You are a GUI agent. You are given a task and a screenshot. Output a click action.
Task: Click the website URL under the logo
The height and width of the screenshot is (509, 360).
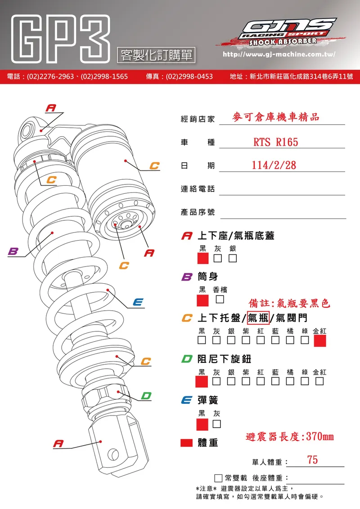(279, 54)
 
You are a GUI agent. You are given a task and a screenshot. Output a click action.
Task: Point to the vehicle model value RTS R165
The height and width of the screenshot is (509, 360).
(275, 142)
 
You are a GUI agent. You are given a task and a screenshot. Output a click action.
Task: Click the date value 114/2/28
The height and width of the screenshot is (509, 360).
(274, 165)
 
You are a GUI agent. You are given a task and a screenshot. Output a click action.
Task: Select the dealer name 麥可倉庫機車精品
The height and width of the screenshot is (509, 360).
(275, 117)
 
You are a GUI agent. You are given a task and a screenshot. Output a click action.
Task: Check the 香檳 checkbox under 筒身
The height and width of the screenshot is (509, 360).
(220, 299)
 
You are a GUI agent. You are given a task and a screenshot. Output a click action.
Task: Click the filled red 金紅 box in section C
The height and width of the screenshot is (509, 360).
(319, 341)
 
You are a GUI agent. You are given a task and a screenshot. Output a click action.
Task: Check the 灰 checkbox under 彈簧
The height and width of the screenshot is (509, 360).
(217, 424)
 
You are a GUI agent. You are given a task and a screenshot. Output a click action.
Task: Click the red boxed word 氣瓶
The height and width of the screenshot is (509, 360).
(258, 318)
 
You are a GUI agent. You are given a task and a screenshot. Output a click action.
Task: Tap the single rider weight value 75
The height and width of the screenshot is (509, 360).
(312, 460)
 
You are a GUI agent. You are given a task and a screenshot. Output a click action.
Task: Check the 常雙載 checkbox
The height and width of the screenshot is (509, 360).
(218, 478)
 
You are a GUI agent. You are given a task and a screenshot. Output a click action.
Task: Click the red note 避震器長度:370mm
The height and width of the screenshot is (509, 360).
(290, 437)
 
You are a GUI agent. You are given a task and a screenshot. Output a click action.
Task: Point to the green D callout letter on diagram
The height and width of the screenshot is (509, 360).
(146, 396)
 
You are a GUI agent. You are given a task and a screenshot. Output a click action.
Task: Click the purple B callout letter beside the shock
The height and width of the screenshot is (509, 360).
(13, 251)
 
